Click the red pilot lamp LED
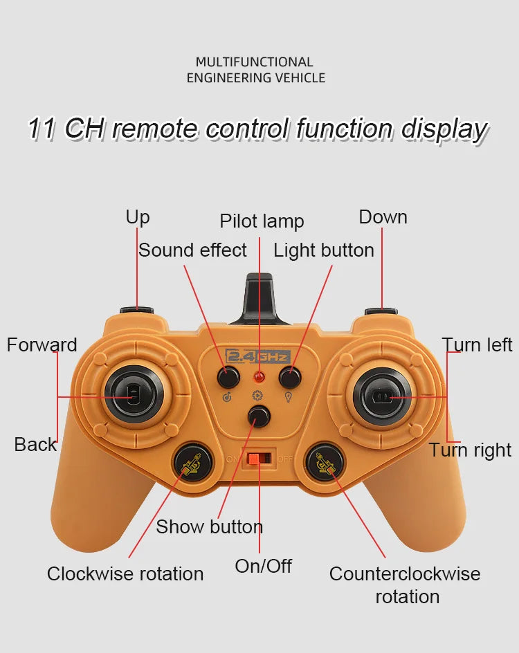[x=259, y=378]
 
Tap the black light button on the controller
[x=290, y=377]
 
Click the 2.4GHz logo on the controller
[x=258, y=357]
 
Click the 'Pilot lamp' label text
[x=262, y=221]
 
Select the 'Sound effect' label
[x=192, y=250]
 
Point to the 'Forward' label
[x=42, y=345]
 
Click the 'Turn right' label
[x=470, y=450]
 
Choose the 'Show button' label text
[x=209, y=527]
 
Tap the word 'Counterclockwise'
[x=404, y=574]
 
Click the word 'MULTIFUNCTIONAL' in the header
[x=255, y=62]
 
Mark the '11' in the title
[x=42, y=129]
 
